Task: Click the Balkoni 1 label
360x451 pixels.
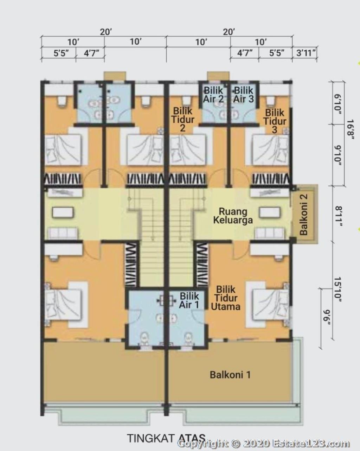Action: (230, 375)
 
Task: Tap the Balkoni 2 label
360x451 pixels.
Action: (303, 214)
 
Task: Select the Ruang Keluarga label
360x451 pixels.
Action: (233, 216)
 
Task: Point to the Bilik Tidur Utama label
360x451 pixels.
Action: (226, 298)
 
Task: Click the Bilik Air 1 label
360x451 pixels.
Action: (189, 300)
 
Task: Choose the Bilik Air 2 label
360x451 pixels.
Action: (213, 95)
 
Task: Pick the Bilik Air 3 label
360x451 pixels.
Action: (244, 95)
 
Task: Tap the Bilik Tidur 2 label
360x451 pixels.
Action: (183, 120)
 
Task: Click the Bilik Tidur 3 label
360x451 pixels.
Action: (275, 121)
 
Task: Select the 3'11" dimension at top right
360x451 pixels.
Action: (306, 53)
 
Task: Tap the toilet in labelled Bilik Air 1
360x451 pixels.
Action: (188, 337)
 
